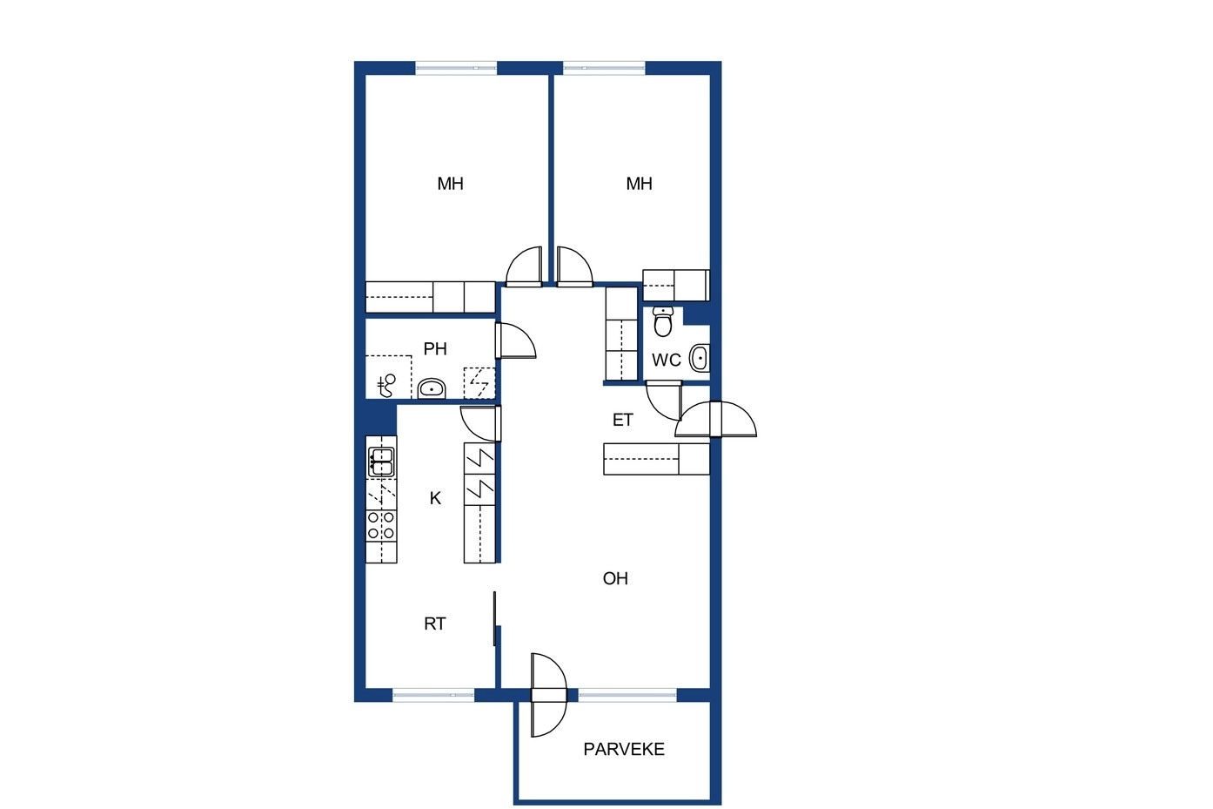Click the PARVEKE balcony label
point(624,750)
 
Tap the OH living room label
point(615,579)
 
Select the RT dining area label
point(435,624)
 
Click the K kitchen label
point(435,498)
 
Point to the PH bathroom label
point(435,349)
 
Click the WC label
point(666,361)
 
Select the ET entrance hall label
point(623,420)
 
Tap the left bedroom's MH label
point(450,184)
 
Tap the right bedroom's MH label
point(639,184)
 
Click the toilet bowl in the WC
point(663,321)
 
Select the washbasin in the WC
point(699,358)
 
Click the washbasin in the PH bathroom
point(432,388)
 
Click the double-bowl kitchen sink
point(381,462)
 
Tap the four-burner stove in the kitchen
point(381,526)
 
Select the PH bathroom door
point(515,340)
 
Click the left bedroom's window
point(456,68)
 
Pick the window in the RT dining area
point(433,695)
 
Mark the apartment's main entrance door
point(715,419)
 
